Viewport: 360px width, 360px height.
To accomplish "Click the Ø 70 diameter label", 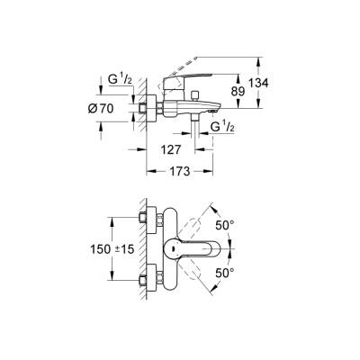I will coord(112,108).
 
